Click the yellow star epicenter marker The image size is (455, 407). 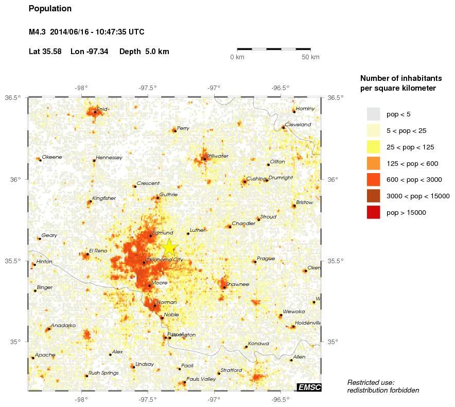[x=169, y=248]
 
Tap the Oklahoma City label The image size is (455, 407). [x=165, y=260]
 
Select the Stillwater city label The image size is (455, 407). [x=217, y=156]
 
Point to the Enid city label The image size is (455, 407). [x=102, y=109]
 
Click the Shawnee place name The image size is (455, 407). [x=237, y=284]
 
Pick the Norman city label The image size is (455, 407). [x=167, y=302]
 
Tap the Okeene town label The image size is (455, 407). [x=51, y=157]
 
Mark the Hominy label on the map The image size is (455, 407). [x=305, y=108]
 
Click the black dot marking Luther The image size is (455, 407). [x=188, y=234]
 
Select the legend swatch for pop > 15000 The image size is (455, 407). [x=373, y=212]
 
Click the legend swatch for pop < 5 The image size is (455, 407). [x=373, y=114]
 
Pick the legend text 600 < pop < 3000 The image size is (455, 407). [x=414, y=180]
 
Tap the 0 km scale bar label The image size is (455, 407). [x=237, y=57]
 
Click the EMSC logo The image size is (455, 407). [x=309, y=387]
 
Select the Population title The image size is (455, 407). [x=50, y=9]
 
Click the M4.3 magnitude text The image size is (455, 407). [x=38, y=32]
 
